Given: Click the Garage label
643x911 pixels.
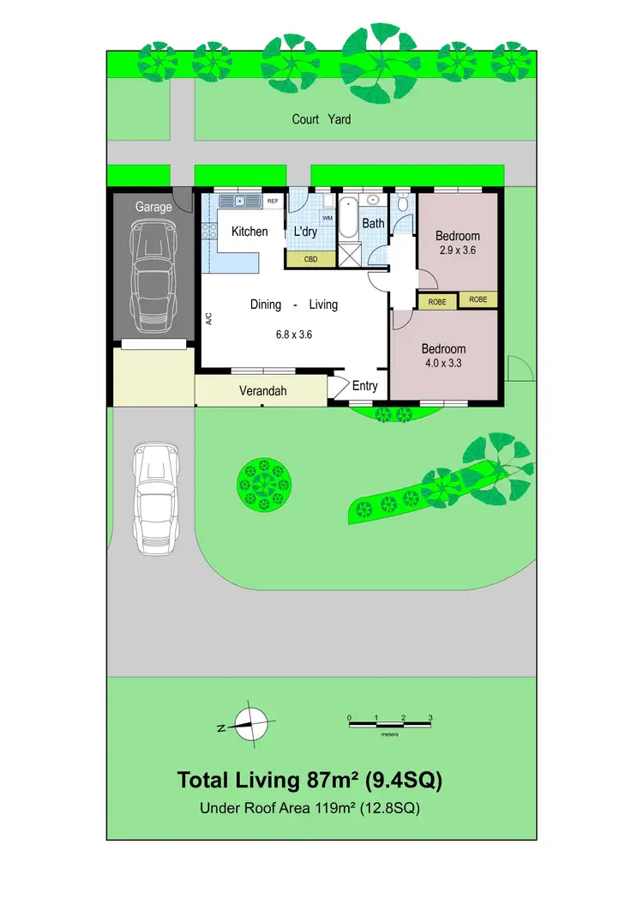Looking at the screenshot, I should [x=153, y=207].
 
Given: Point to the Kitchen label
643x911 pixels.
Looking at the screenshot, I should [x=249, y=232].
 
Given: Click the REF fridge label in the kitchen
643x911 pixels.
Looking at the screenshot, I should [x=273, y=202].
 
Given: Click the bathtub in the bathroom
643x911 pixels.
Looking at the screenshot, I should [x=348, y=218].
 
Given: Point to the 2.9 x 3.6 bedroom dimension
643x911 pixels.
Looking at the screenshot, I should [x=457, y=251].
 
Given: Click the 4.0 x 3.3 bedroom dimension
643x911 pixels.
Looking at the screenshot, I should [x=443, y=364].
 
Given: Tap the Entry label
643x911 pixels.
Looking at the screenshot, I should [x=364, y=386].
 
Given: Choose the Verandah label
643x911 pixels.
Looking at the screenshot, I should [x=262, y=392].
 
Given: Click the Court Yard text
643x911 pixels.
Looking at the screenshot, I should [x=321, y=119].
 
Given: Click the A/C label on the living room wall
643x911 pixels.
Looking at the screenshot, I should [x=209, y=318].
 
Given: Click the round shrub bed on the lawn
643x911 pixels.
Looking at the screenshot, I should [x=262, y=482].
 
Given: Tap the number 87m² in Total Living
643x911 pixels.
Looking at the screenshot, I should [x=333, y=781].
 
